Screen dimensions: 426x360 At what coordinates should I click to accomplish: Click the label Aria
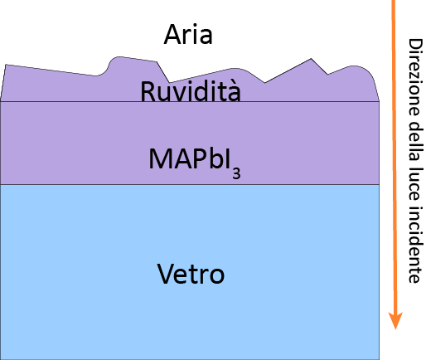(188, 34)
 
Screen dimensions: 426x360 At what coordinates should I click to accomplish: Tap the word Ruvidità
(191, 91)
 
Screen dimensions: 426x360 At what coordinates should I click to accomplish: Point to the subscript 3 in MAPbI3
(236, 173)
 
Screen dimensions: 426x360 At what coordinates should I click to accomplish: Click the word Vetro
(191, 274)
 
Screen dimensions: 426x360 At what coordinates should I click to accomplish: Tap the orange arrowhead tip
(395, 329)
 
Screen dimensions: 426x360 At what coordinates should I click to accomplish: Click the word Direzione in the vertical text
(414, 77)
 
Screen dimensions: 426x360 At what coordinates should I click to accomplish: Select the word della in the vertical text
(414, 142)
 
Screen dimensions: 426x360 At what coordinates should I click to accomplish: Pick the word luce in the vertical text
(414, 184)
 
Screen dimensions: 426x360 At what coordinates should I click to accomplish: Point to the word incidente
(414, 245)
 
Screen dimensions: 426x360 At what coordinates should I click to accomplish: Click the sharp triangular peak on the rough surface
(311, 59)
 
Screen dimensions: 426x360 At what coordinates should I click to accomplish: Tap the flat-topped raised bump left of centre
(133, 59)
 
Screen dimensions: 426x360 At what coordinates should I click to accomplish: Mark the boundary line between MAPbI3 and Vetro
(190, 184)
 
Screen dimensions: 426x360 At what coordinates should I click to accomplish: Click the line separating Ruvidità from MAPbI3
(190, 101)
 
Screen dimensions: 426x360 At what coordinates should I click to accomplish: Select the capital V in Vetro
(167, 274)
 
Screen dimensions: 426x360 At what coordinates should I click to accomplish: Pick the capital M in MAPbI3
(159, 158)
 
